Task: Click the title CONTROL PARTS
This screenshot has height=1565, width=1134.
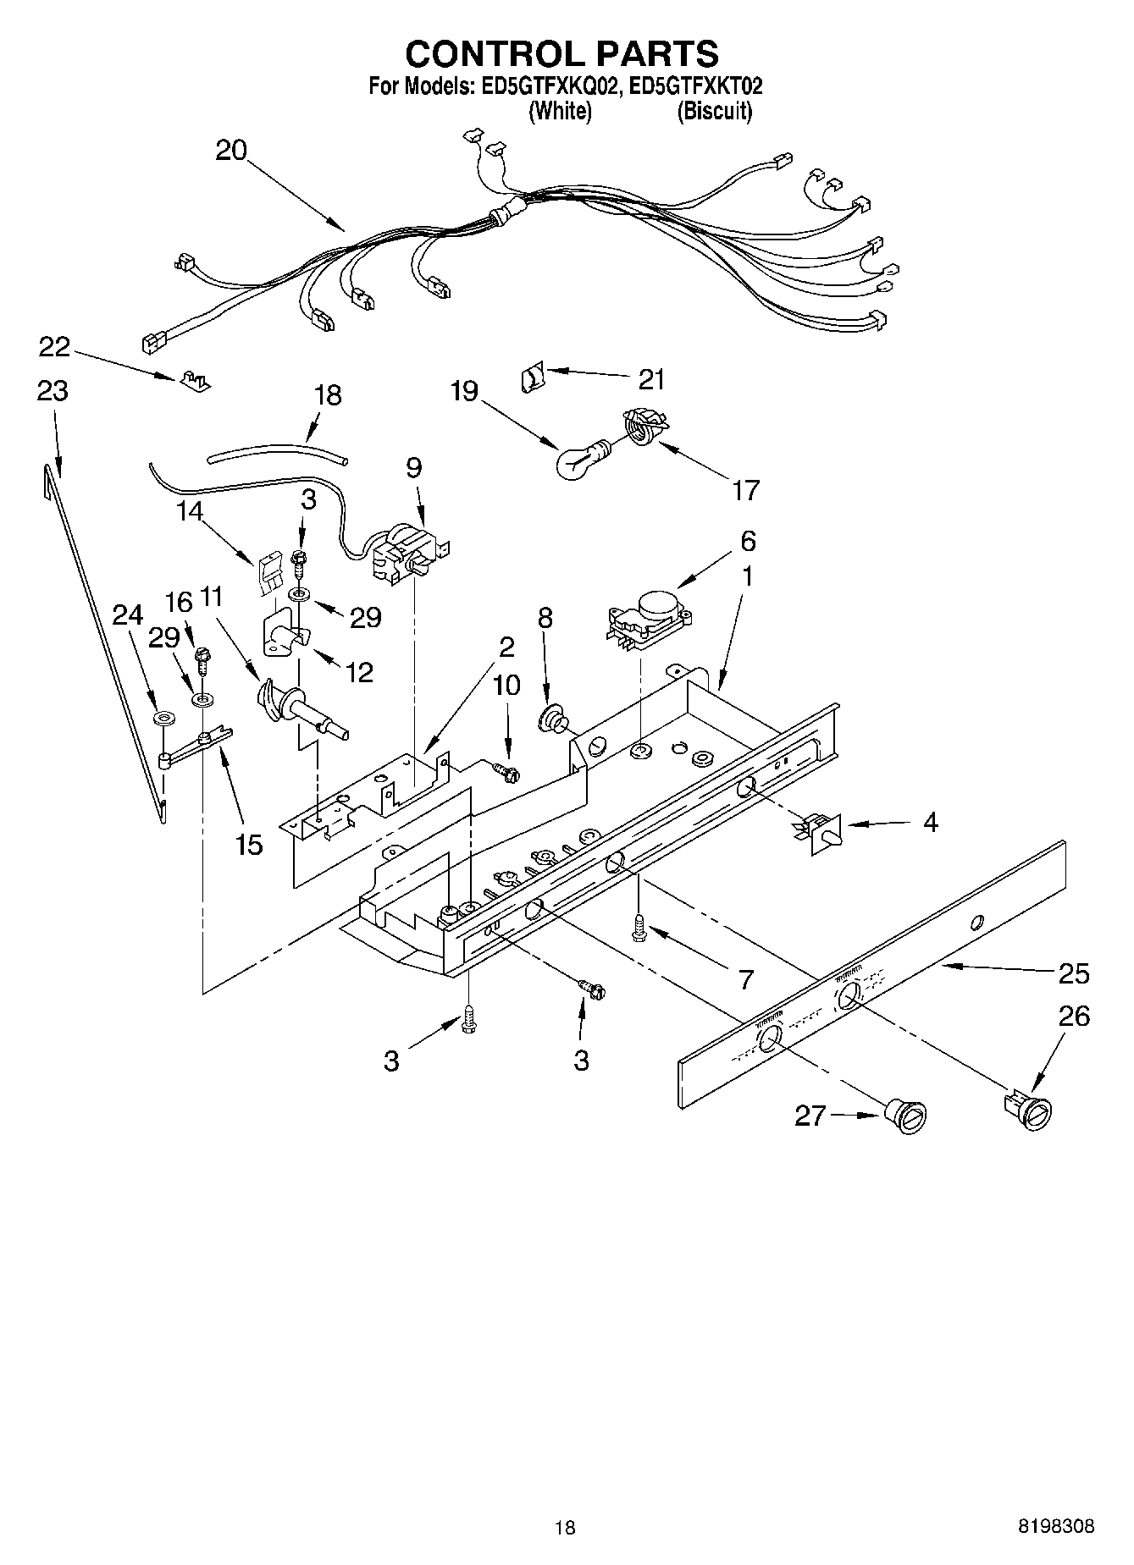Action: point(561,53)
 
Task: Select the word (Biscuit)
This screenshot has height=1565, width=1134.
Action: point(714,112)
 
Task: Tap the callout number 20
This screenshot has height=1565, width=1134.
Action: point(230,151)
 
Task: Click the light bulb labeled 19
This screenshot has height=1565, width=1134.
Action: point(576,460)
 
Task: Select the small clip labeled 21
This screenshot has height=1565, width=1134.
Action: point(530,375)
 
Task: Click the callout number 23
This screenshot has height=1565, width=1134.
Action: point(53,391)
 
